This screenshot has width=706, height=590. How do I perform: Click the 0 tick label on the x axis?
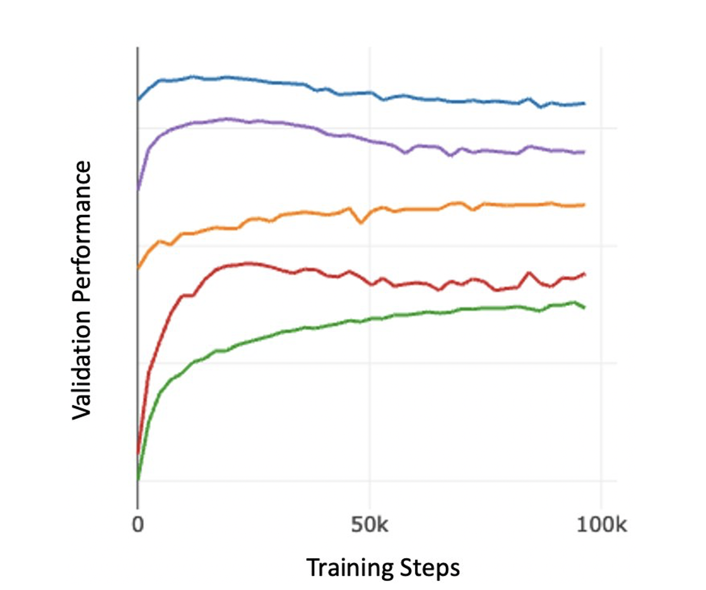(x=137, y=524)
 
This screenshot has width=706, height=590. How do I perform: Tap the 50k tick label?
(x=369, y=524)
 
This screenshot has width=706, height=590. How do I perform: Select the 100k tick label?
(x=601, y=525)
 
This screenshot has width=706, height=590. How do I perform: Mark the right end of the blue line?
(x=584, y=103)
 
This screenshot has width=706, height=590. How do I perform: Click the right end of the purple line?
(x=584, y=152)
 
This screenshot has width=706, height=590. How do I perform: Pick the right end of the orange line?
(x=584, y=205)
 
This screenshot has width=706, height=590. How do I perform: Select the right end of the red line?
(x=584, y=274)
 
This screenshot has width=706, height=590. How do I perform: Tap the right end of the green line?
(x=584, y=308)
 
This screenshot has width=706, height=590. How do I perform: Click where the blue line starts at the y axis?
(x=138, y=100)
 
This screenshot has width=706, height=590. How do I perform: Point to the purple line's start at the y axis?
(x=138, y=190)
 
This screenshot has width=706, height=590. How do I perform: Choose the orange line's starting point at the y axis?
(x=138, y=268)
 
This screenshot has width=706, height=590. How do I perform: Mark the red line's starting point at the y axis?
(x=138, y=454)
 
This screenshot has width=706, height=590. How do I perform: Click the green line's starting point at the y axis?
(x=138, y=480)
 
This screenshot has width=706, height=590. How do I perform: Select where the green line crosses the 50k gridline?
(x=369, y=320)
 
